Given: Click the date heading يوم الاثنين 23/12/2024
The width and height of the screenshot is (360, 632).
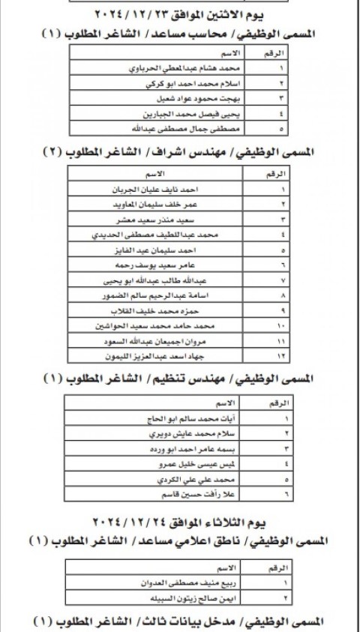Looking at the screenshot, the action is tap(181, 16).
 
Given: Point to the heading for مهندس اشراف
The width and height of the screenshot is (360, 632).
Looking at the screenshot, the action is tap(181, 152).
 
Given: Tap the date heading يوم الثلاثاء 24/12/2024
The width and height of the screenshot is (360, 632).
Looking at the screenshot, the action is tap(181, 521).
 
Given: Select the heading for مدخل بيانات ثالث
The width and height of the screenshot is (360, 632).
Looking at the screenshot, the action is tap(181, 622).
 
